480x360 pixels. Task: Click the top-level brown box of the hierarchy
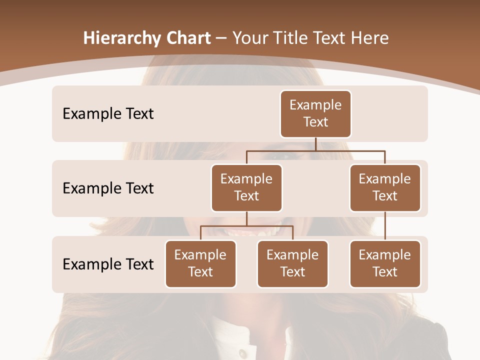[x=315, y=113]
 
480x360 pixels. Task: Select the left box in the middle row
[x=246, y=187]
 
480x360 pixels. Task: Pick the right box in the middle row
[x=385, y=187]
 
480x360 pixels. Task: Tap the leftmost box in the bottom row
[x=200, y=263]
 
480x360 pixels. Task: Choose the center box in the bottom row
[x=292, y=263]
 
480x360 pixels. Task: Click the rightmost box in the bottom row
[x=385, y=263]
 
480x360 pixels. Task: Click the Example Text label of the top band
[x=108, y=114]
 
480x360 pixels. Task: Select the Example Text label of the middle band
[x=108, y=188]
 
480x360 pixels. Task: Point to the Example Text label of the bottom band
[x=108, y=264]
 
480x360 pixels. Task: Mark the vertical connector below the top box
[x=315, y=144]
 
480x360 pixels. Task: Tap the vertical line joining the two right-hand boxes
[x=385, y=226]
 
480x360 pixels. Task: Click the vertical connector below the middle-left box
[x=246, y=219]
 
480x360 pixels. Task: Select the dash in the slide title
[x=221, y=38]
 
